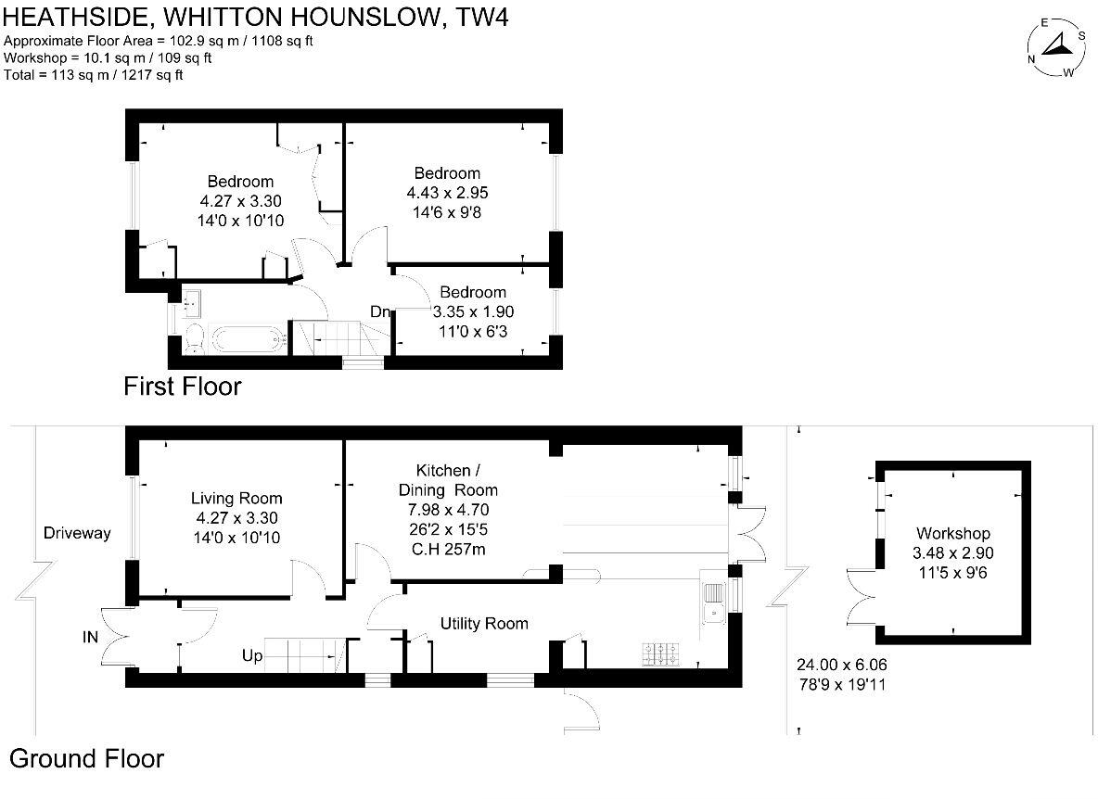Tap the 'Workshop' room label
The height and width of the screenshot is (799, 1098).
click(952, 533)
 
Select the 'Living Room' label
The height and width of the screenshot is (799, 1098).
click(236, 498)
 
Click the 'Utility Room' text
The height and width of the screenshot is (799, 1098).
click(484, 624)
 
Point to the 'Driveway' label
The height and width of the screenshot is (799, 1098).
click(77, 533)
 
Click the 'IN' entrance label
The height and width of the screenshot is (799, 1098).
click(90, 637)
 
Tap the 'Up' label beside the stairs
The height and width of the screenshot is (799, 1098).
click(251, 656)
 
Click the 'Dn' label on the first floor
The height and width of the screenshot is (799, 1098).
click(380, 312)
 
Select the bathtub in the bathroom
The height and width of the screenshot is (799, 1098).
click(247, 339)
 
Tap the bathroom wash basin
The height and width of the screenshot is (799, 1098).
click(193, 301)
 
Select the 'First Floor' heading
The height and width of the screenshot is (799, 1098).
click(182, 387)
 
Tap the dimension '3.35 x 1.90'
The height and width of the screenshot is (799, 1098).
click(473, 311)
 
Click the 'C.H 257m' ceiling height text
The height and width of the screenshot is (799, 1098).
click(448, 550)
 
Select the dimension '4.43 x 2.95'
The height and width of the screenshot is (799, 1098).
click(447, 193)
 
